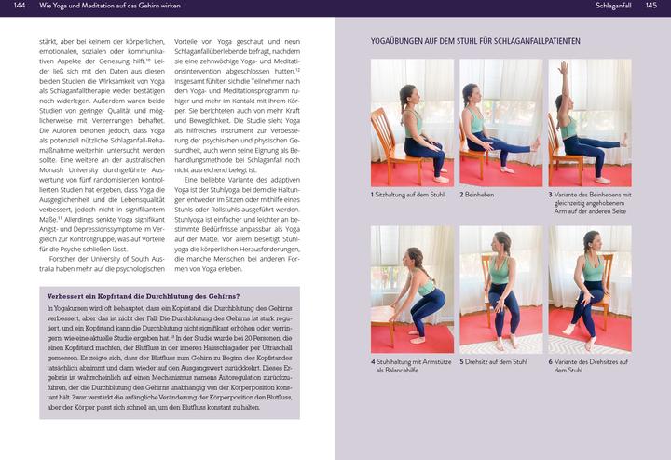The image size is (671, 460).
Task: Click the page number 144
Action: [x=20, y=7]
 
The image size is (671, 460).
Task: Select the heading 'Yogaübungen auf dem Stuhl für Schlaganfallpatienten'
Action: [x=475, y=41]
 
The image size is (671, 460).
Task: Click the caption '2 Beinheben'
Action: [x=477, y=195]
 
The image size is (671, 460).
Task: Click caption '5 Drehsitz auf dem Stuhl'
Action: [x=493, y=360]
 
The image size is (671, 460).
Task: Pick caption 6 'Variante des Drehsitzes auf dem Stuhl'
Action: [x=589, y=365]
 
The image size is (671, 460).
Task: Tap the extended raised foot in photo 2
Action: [x=535, y=145]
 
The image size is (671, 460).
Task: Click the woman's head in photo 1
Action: [x=407, y=94]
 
